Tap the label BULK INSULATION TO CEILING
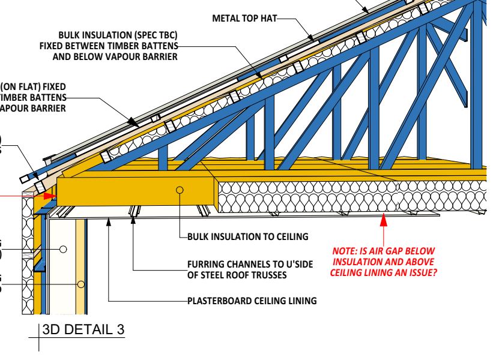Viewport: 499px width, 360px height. pos(247,236)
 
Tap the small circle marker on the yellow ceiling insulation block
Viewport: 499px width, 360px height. pos(179,190)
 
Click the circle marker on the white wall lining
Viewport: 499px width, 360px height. pos(63,248)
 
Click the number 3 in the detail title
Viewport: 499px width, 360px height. pos(122,330)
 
